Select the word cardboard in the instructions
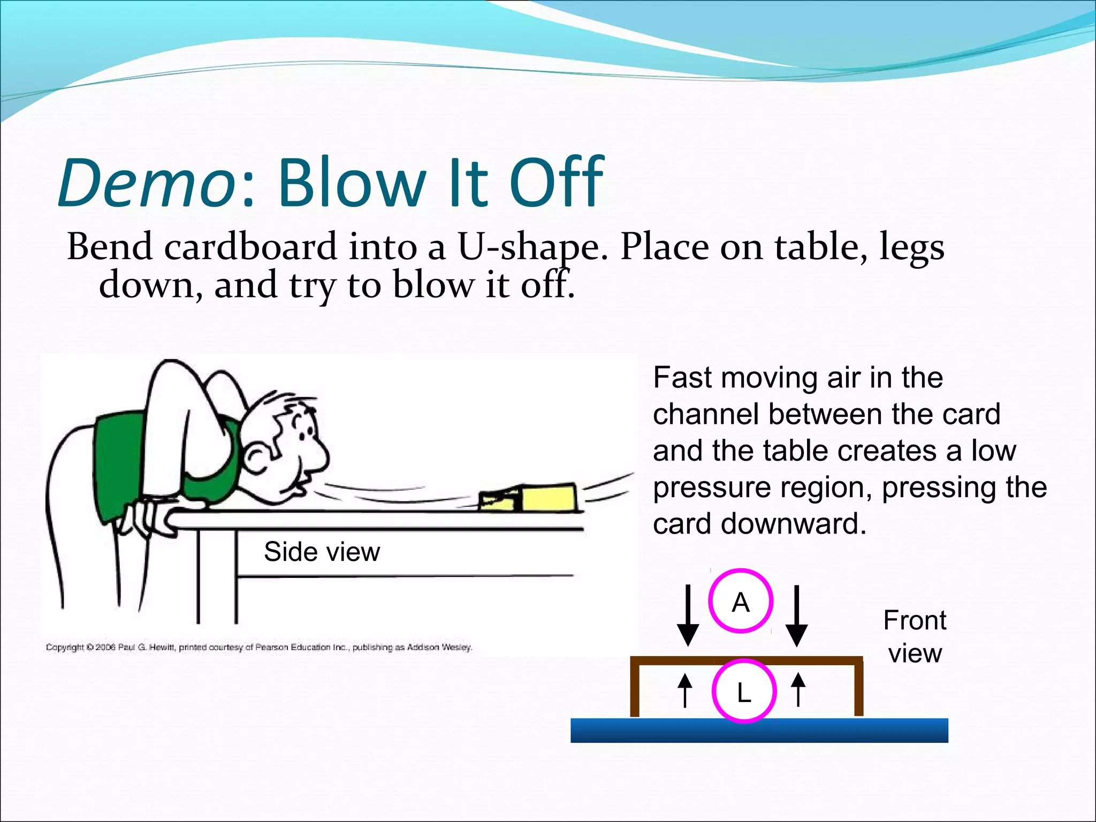point(250,247)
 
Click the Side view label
point(322,552)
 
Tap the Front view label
point(915,637)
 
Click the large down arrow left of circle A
point(688,615)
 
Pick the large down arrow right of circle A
point(797,615)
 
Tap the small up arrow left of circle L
point(685,690)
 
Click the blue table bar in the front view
point(759,730)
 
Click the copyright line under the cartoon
point(259,648)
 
